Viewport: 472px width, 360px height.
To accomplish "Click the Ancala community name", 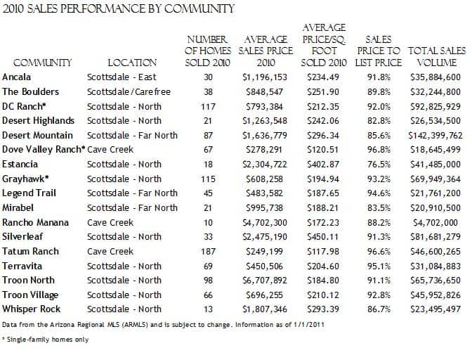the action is (16, 77).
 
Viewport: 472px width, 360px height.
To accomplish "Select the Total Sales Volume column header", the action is (437, 57).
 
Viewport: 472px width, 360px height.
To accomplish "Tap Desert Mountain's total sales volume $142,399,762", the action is (435, 136).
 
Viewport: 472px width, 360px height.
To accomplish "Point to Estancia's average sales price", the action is (265, 165).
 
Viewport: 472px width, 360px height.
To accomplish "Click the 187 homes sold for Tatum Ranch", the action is (208, 251).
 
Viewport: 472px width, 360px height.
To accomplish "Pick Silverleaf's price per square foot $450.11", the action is (323, 237).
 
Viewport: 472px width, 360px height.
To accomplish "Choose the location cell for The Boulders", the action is (129, 91).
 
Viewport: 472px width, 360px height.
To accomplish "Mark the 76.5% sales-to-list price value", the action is (379, 165).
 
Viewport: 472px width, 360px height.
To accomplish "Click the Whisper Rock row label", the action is (32, 309).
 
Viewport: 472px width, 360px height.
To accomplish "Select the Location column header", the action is (132, 63).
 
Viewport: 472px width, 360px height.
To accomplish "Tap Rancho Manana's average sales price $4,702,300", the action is (265, 223).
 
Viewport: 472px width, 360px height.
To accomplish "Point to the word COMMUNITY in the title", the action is (199, 8).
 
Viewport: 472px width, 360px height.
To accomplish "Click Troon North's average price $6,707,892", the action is (265, 281).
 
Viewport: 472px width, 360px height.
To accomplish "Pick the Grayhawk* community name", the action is (25, 179).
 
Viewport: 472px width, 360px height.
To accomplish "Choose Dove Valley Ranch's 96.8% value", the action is (379, 150).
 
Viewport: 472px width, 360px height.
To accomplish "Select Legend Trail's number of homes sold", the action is (208, 193).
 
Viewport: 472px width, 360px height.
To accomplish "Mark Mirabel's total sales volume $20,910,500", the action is (435, 208).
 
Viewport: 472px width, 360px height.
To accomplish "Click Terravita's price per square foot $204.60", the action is (323, 266).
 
